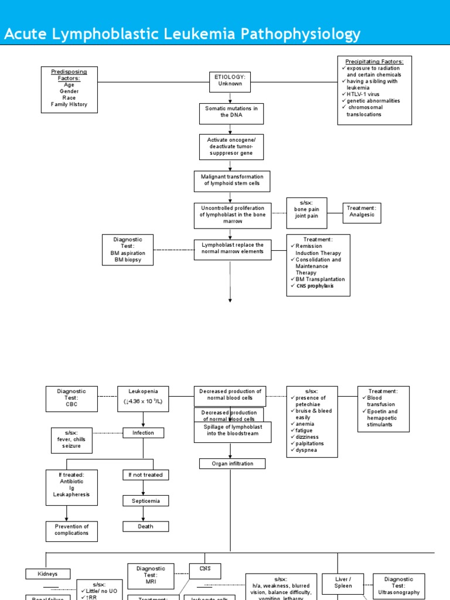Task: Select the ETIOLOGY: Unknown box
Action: pyautogui.click(x=230, y=80)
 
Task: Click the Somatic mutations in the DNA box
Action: pyautogui.click(x=231, y=112)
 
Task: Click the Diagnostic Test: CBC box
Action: pyautogui.click(x=71, y=398)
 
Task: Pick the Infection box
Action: pyautogui.click(x=143, y=433)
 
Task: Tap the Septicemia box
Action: pyautogui.click(x=145, y=500)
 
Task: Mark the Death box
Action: pyautogui.click(x=145, y=526)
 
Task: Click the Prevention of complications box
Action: pyautogui.click(x=71, y=530)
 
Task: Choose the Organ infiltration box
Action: pyautogui.click(x=232, y=463)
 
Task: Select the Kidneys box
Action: pyautogui.click(x=48, y=574)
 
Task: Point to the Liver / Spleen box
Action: pyautogui.click(x=343, y=582)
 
